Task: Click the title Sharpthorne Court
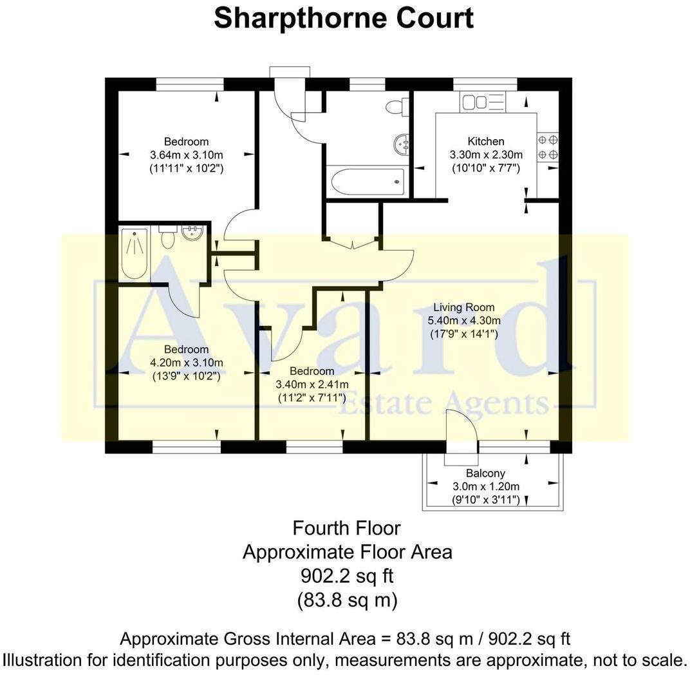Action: [344, 18]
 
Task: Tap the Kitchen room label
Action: [485, 142]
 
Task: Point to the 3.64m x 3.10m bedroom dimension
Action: [186, 155]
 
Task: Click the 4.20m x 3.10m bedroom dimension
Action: [186, 363]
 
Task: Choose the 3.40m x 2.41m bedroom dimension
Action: [312, 385]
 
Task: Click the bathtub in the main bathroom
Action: [366, 182]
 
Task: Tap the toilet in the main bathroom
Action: [397, 107]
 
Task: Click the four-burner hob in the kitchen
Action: [548, 146]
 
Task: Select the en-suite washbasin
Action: [193, 233]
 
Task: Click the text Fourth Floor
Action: [346, 529]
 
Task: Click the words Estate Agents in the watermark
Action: [444, 405]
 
